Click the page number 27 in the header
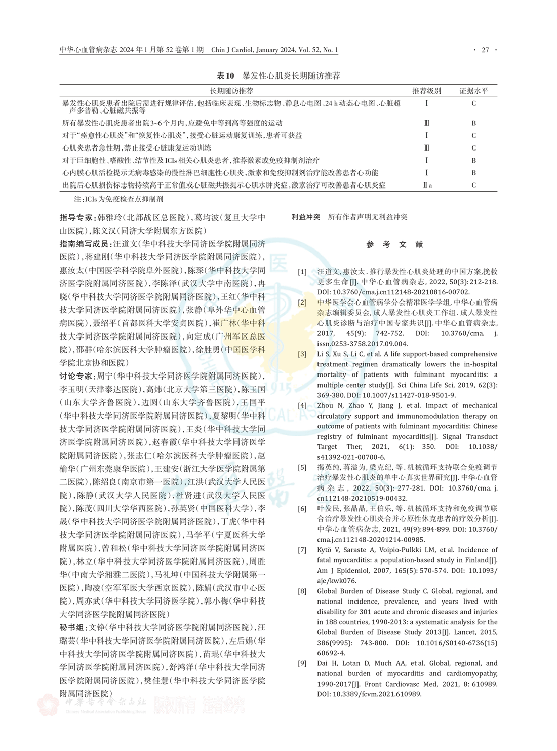[485, 50]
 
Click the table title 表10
[225, 76]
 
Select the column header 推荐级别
[426, 91]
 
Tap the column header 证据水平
[473, 91]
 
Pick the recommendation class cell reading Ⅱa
[427, 185]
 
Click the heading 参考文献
[394, 244]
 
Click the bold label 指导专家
[75, 218]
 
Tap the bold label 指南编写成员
[84, 244]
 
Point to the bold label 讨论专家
[75, 376]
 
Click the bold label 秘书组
[71, 627]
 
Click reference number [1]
[302, 272]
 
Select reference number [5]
[302, 467]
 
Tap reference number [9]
[302, 663]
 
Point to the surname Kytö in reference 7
[325, 550]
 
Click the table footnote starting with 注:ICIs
[118, 199]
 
